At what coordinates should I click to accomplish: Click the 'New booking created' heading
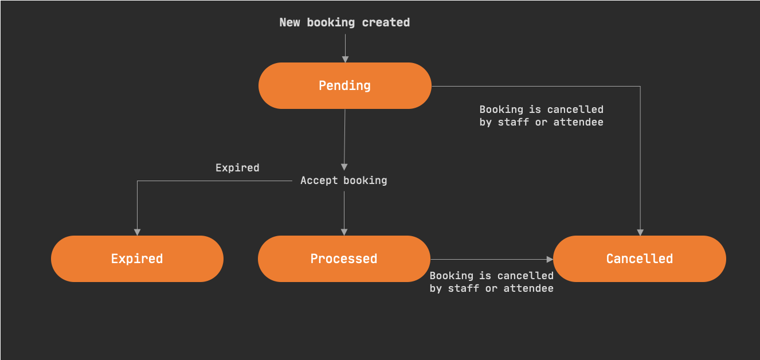click(x=344, y=22)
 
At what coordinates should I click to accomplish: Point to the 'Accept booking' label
click(x=344, y=181)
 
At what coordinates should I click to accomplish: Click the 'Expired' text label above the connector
click(x=237, y=168)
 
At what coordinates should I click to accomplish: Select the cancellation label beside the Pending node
click(x=541, y=115)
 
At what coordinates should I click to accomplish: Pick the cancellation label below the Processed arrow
click(x=491, y=282)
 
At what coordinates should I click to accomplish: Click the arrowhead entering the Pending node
click(x=345, y=59)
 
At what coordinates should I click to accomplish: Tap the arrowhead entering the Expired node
click(x=137, y=232)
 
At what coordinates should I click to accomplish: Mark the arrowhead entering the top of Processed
click(x=344, y=232)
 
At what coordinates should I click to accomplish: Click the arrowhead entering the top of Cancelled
click(x=640, y=232)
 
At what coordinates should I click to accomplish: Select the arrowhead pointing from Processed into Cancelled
click(x=549, y=259)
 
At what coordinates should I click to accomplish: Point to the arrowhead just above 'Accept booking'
click(x=344, y=167)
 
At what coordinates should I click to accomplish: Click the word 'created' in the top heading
click(x=386, y=22)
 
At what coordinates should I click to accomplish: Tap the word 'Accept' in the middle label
click(x=319, y=181)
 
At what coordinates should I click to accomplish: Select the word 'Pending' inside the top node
click(x=344, y=86)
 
